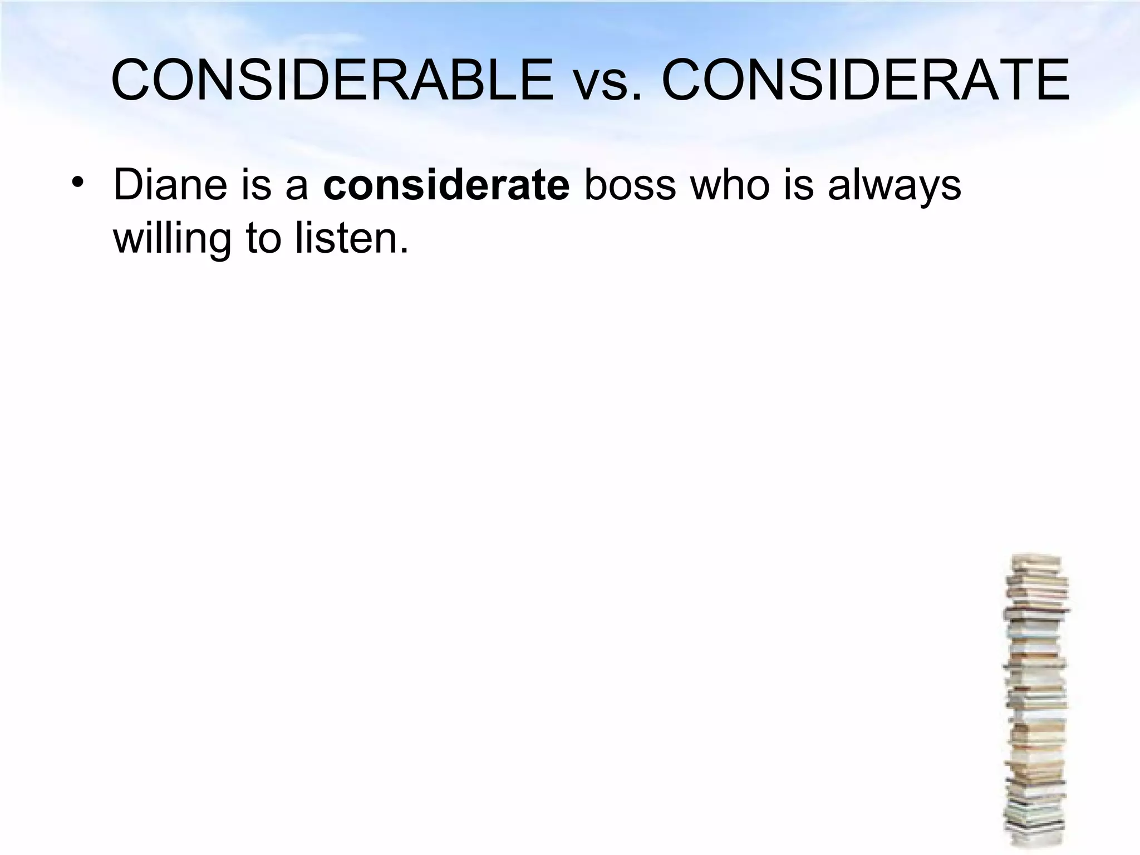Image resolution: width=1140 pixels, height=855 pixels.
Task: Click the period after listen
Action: click(404, 250)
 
